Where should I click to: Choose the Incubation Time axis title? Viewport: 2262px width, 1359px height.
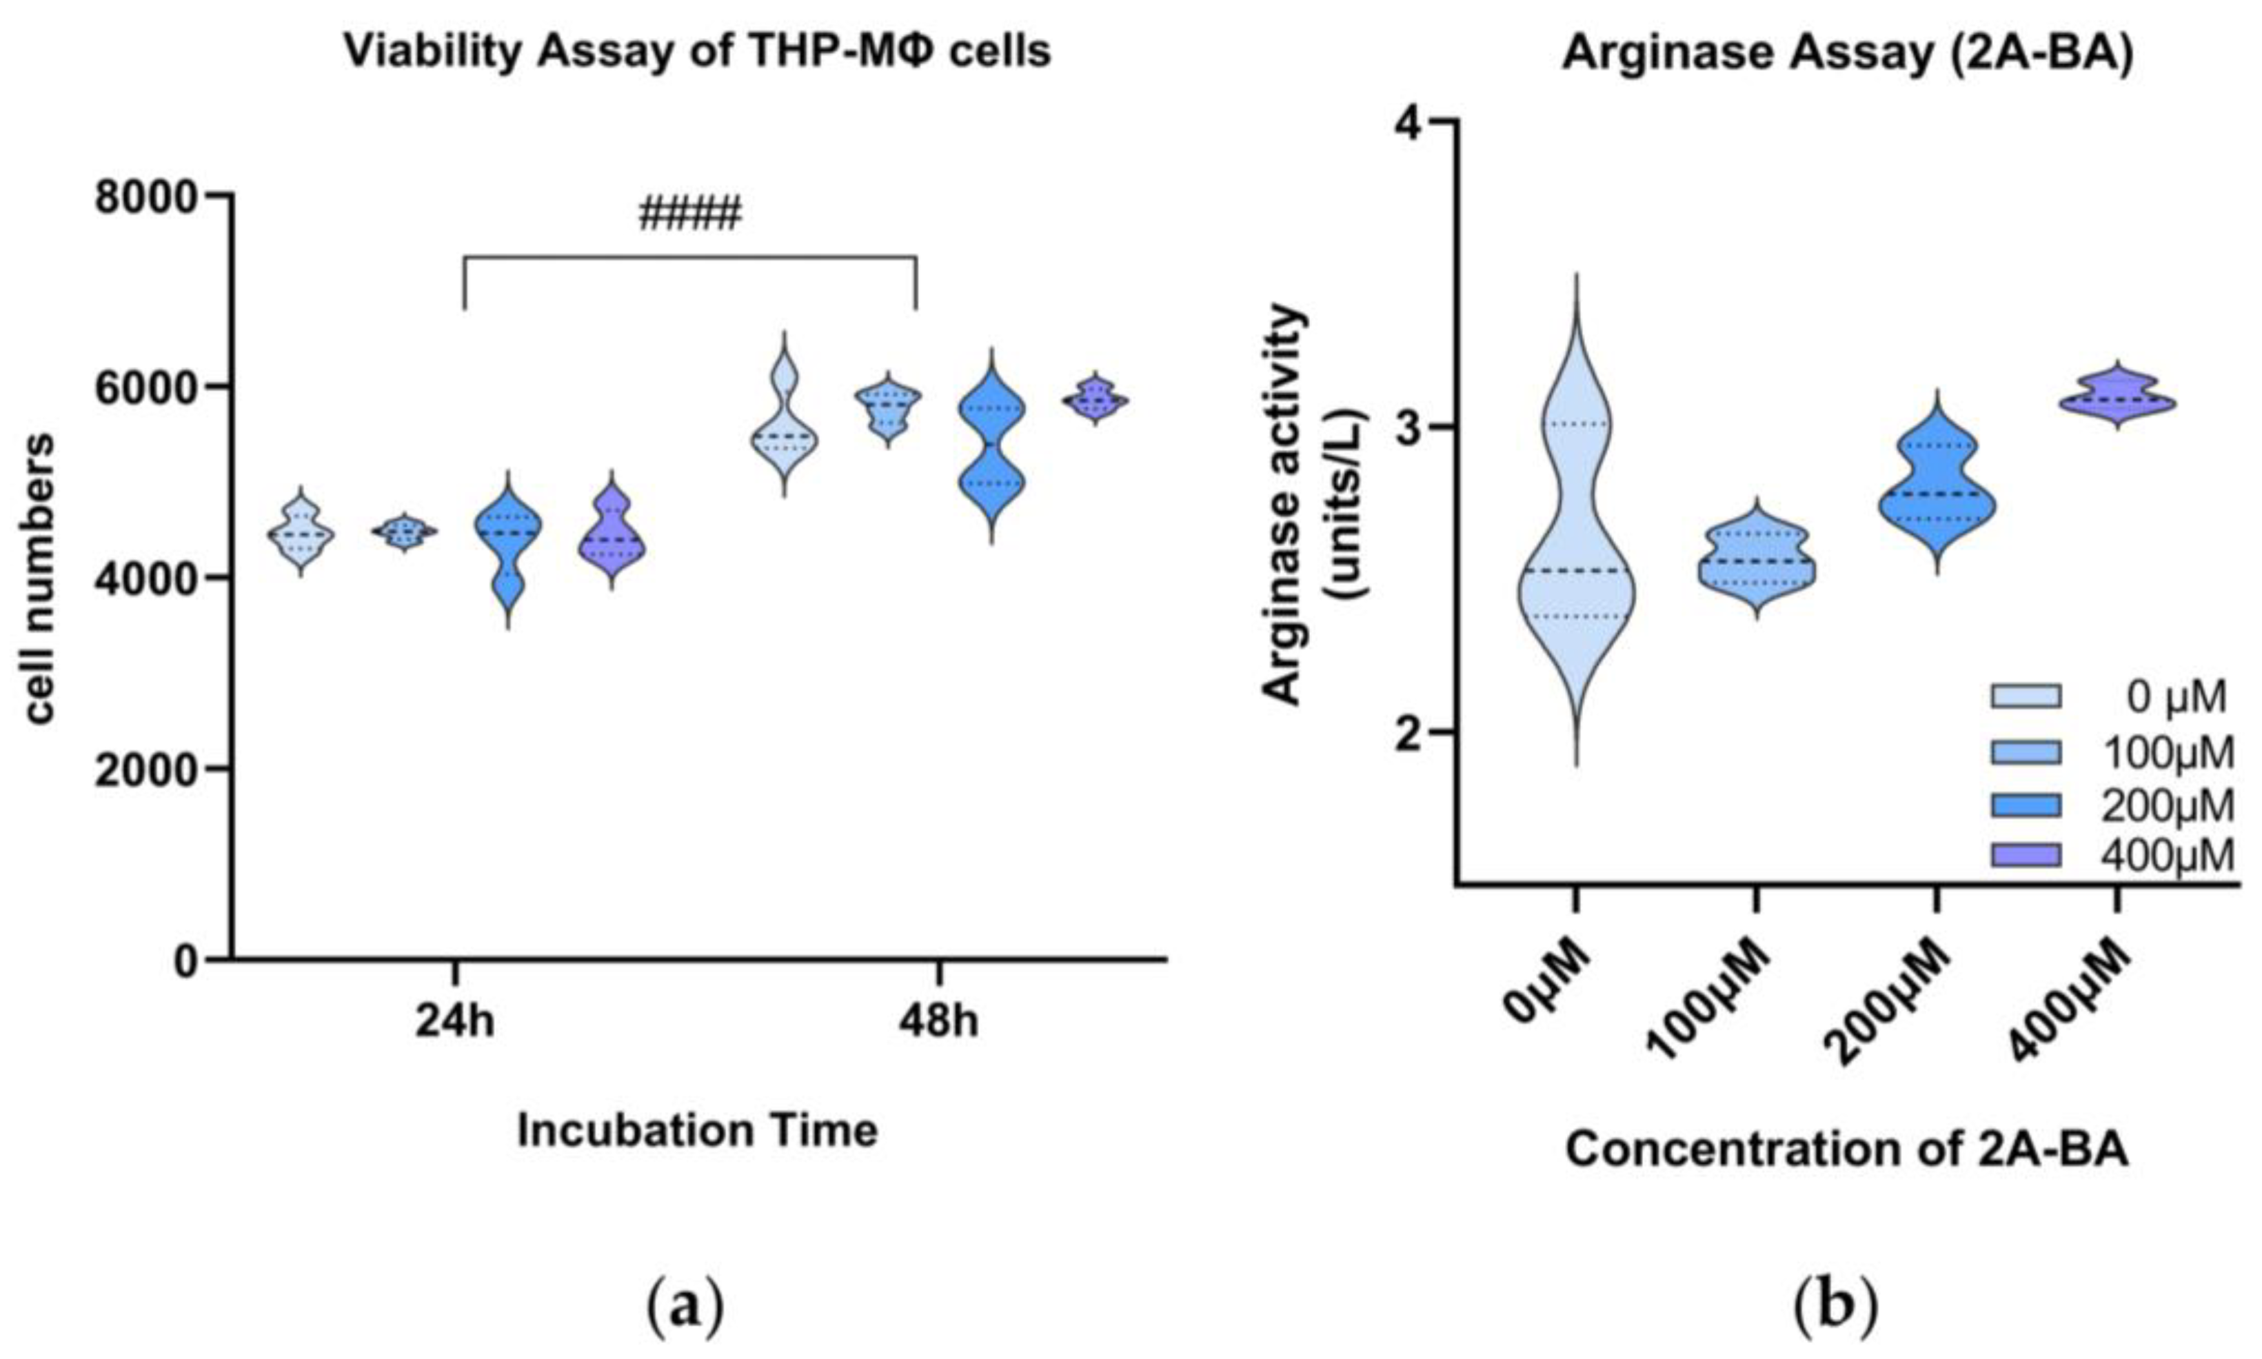point(698,1131)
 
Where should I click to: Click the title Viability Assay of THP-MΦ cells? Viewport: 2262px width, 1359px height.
point(698,50)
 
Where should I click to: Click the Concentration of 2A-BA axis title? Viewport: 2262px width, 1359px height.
point(1848,1150)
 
